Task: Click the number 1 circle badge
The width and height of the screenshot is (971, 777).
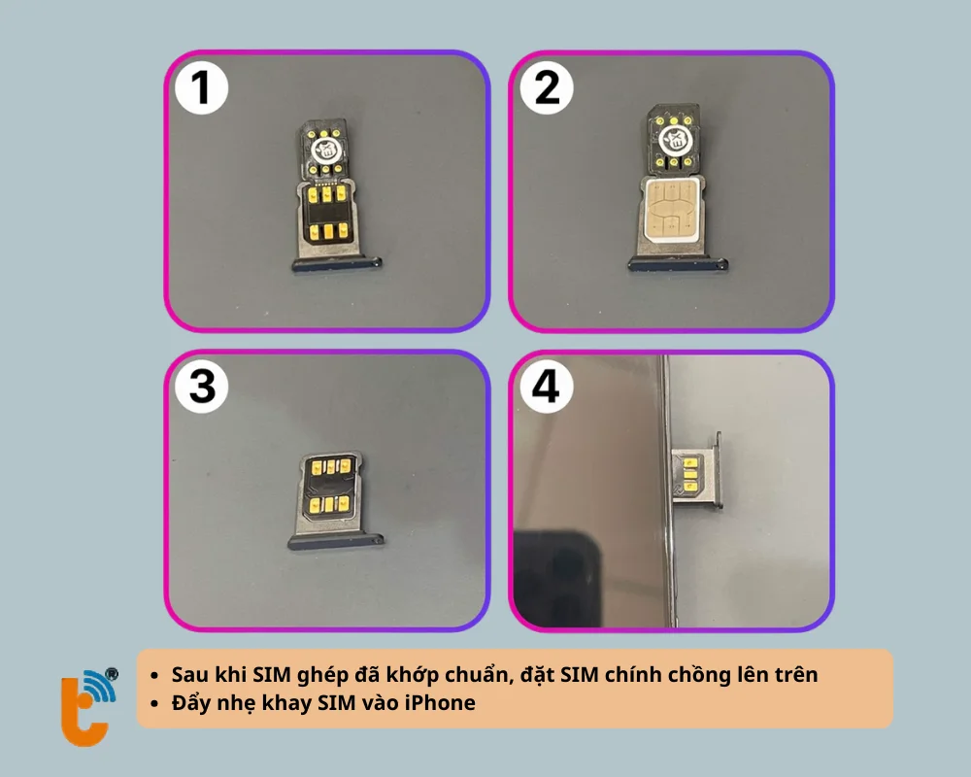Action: [x=201, y=87]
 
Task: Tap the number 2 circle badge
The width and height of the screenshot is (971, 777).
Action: [x=546, y=87]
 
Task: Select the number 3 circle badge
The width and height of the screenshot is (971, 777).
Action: [x=201, y=387]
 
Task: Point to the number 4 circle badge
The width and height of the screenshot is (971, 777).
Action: [x=546, y=387]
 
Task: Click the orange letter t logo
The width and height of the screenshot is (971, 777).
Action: [x=84, y=711]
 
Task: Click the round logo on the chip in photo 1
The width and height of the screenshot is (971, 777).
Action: [x=324, y=149]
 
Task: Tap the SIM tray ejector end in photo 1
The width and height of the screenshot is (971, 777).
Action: [x=337, y=264]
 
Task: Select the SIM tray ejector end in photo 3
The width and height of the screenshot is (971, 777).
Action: [x=336, y=542]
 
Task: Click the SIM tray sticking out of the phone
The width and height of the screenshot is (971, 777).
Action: [x=697, y=471]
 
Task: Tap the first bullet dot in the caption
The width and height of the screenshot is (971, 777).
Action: [x=154, y=675]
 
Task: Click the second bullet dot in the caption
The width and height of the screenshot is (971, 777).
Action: [x=154, y=704]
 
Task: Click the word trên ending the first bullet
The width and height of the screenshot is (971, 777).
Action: [x=796, y=674]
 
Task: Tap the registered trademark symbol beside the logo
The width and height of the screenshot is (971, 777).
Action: [x=112, y=674]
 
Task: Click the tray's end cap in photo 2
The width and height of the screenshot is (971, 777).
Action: [x=678, y=264]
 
